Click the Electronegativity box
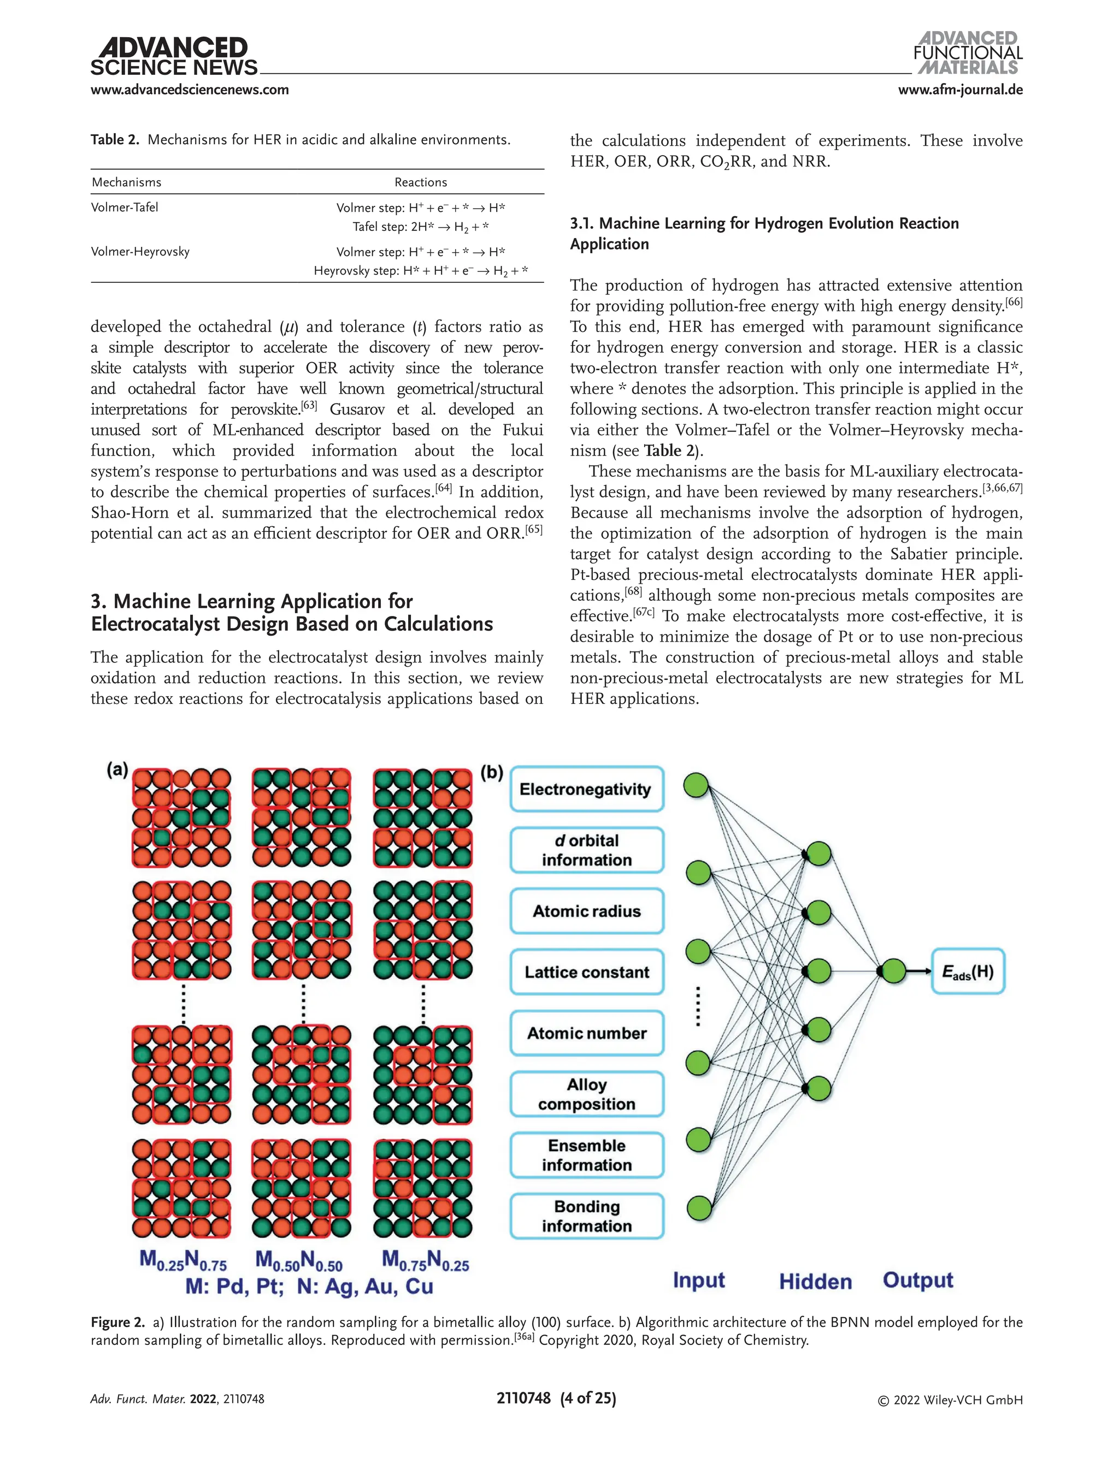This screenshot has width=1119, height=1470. [586, 789]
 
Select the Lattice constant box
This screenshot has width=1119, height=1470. [586, 972]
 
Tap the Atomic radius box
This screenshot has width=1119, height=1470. [586, 911]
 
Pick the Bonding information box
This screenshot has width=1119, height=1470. [586, 1216]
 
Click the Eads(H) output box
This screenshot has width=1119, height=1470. [967, 971]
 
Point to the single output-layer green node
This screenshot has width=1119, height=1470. [893, 971]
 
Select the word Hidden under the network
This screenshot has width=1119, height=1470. [815, 1282]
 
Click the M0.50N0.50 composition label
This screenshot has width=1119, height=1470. [299, 1260]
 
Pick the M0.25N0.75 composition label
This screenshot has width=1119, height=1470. [183, 1260]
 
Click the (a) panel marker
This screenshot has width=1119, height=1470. [117, 770]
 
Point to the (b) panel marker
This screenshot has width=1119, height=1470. [492, 772]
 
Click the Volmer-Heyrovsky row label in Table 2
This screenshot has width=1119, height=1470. [140, 252]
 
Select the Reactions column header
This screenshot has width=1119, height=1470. [420, 182]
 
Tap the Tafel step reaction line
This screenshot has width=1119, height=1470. [420, 227]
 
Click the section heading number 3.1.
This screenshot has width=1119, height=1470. [581, 223]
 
